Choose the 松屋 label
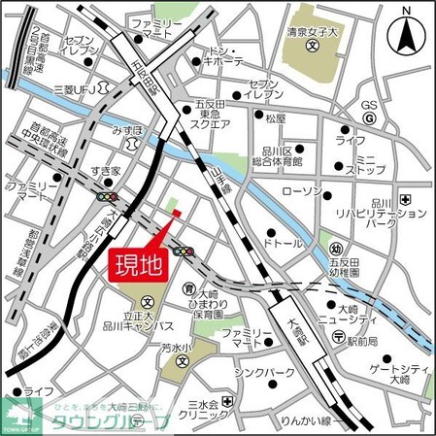pos(275,118)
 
